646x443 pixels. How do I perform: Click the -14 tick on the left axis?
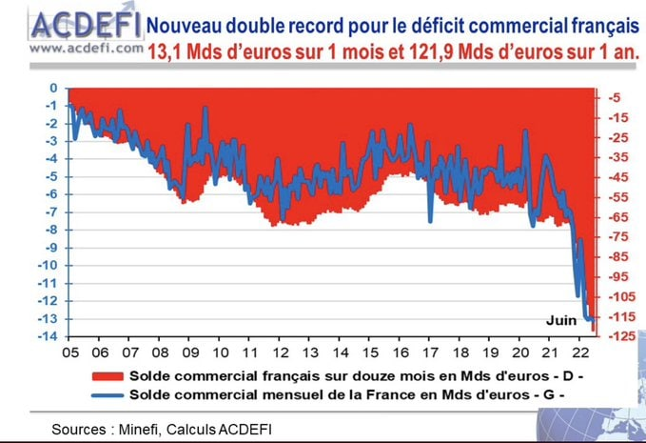[47, 336]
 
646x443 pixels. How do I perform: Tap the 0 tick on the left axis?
[53, 88]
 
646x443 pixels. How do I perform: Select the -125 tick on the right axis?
[615, 336]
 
